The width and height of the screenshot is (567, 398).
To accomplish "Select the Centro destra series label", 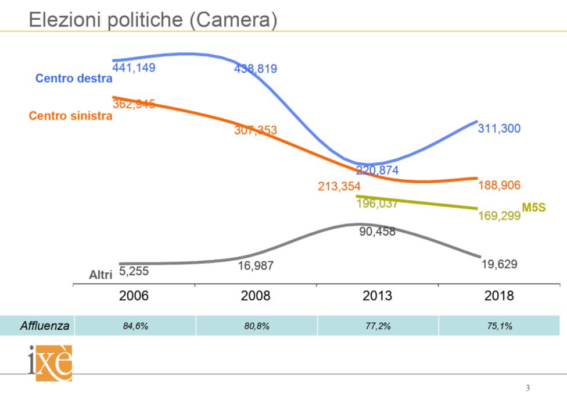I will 74,79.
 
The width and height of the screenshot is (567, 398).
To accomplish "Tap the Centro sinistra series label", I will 70,115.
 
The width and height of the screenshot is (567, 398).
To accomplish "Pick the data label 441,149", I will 134,67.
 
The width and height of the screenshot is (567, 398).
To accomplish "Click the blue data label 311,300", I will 499,129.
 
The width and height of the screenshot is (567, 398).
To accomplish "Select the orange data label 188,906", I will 499,186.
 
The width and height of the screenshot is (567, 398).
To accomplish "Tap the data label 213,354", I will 339,186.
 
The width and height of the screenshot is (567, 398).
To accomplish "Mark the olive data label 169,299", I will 499,216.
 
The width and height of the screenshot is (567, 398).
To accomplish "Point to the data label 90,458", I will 377,232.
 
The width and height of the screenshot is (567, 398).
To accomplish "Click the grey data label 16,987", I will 256,265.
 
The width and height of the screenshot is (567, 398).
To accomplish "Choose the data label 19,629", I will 499,264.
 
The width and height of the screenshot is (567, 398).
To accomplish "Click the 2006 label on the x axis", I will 134,296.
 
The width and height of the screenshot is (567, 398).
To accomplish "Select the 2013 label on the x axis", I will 377,296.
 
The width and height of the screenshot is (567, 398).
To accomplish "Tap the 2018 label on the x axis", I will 499,296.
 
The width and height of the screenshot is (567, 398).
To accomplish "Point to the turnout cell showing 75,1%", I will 499,326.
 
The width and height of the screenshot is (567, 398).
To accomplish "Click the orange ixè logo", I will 50,364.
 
